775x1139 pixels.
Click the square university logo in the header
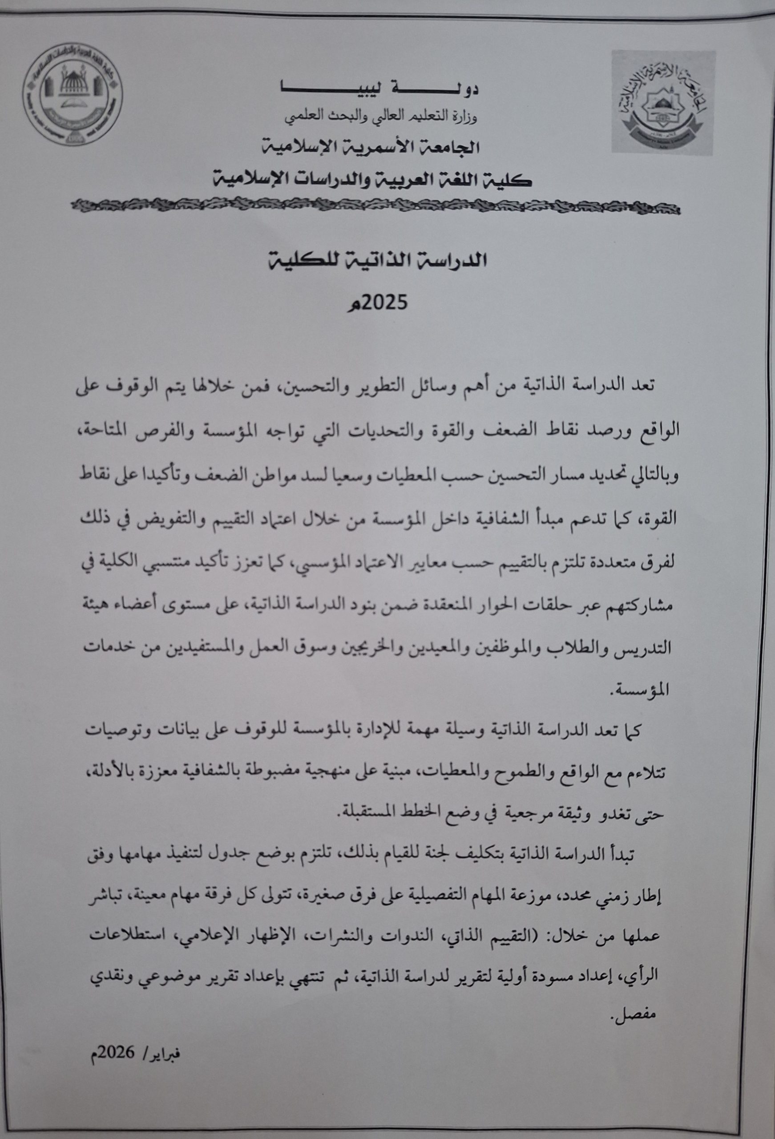click(x=663, y=102)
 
